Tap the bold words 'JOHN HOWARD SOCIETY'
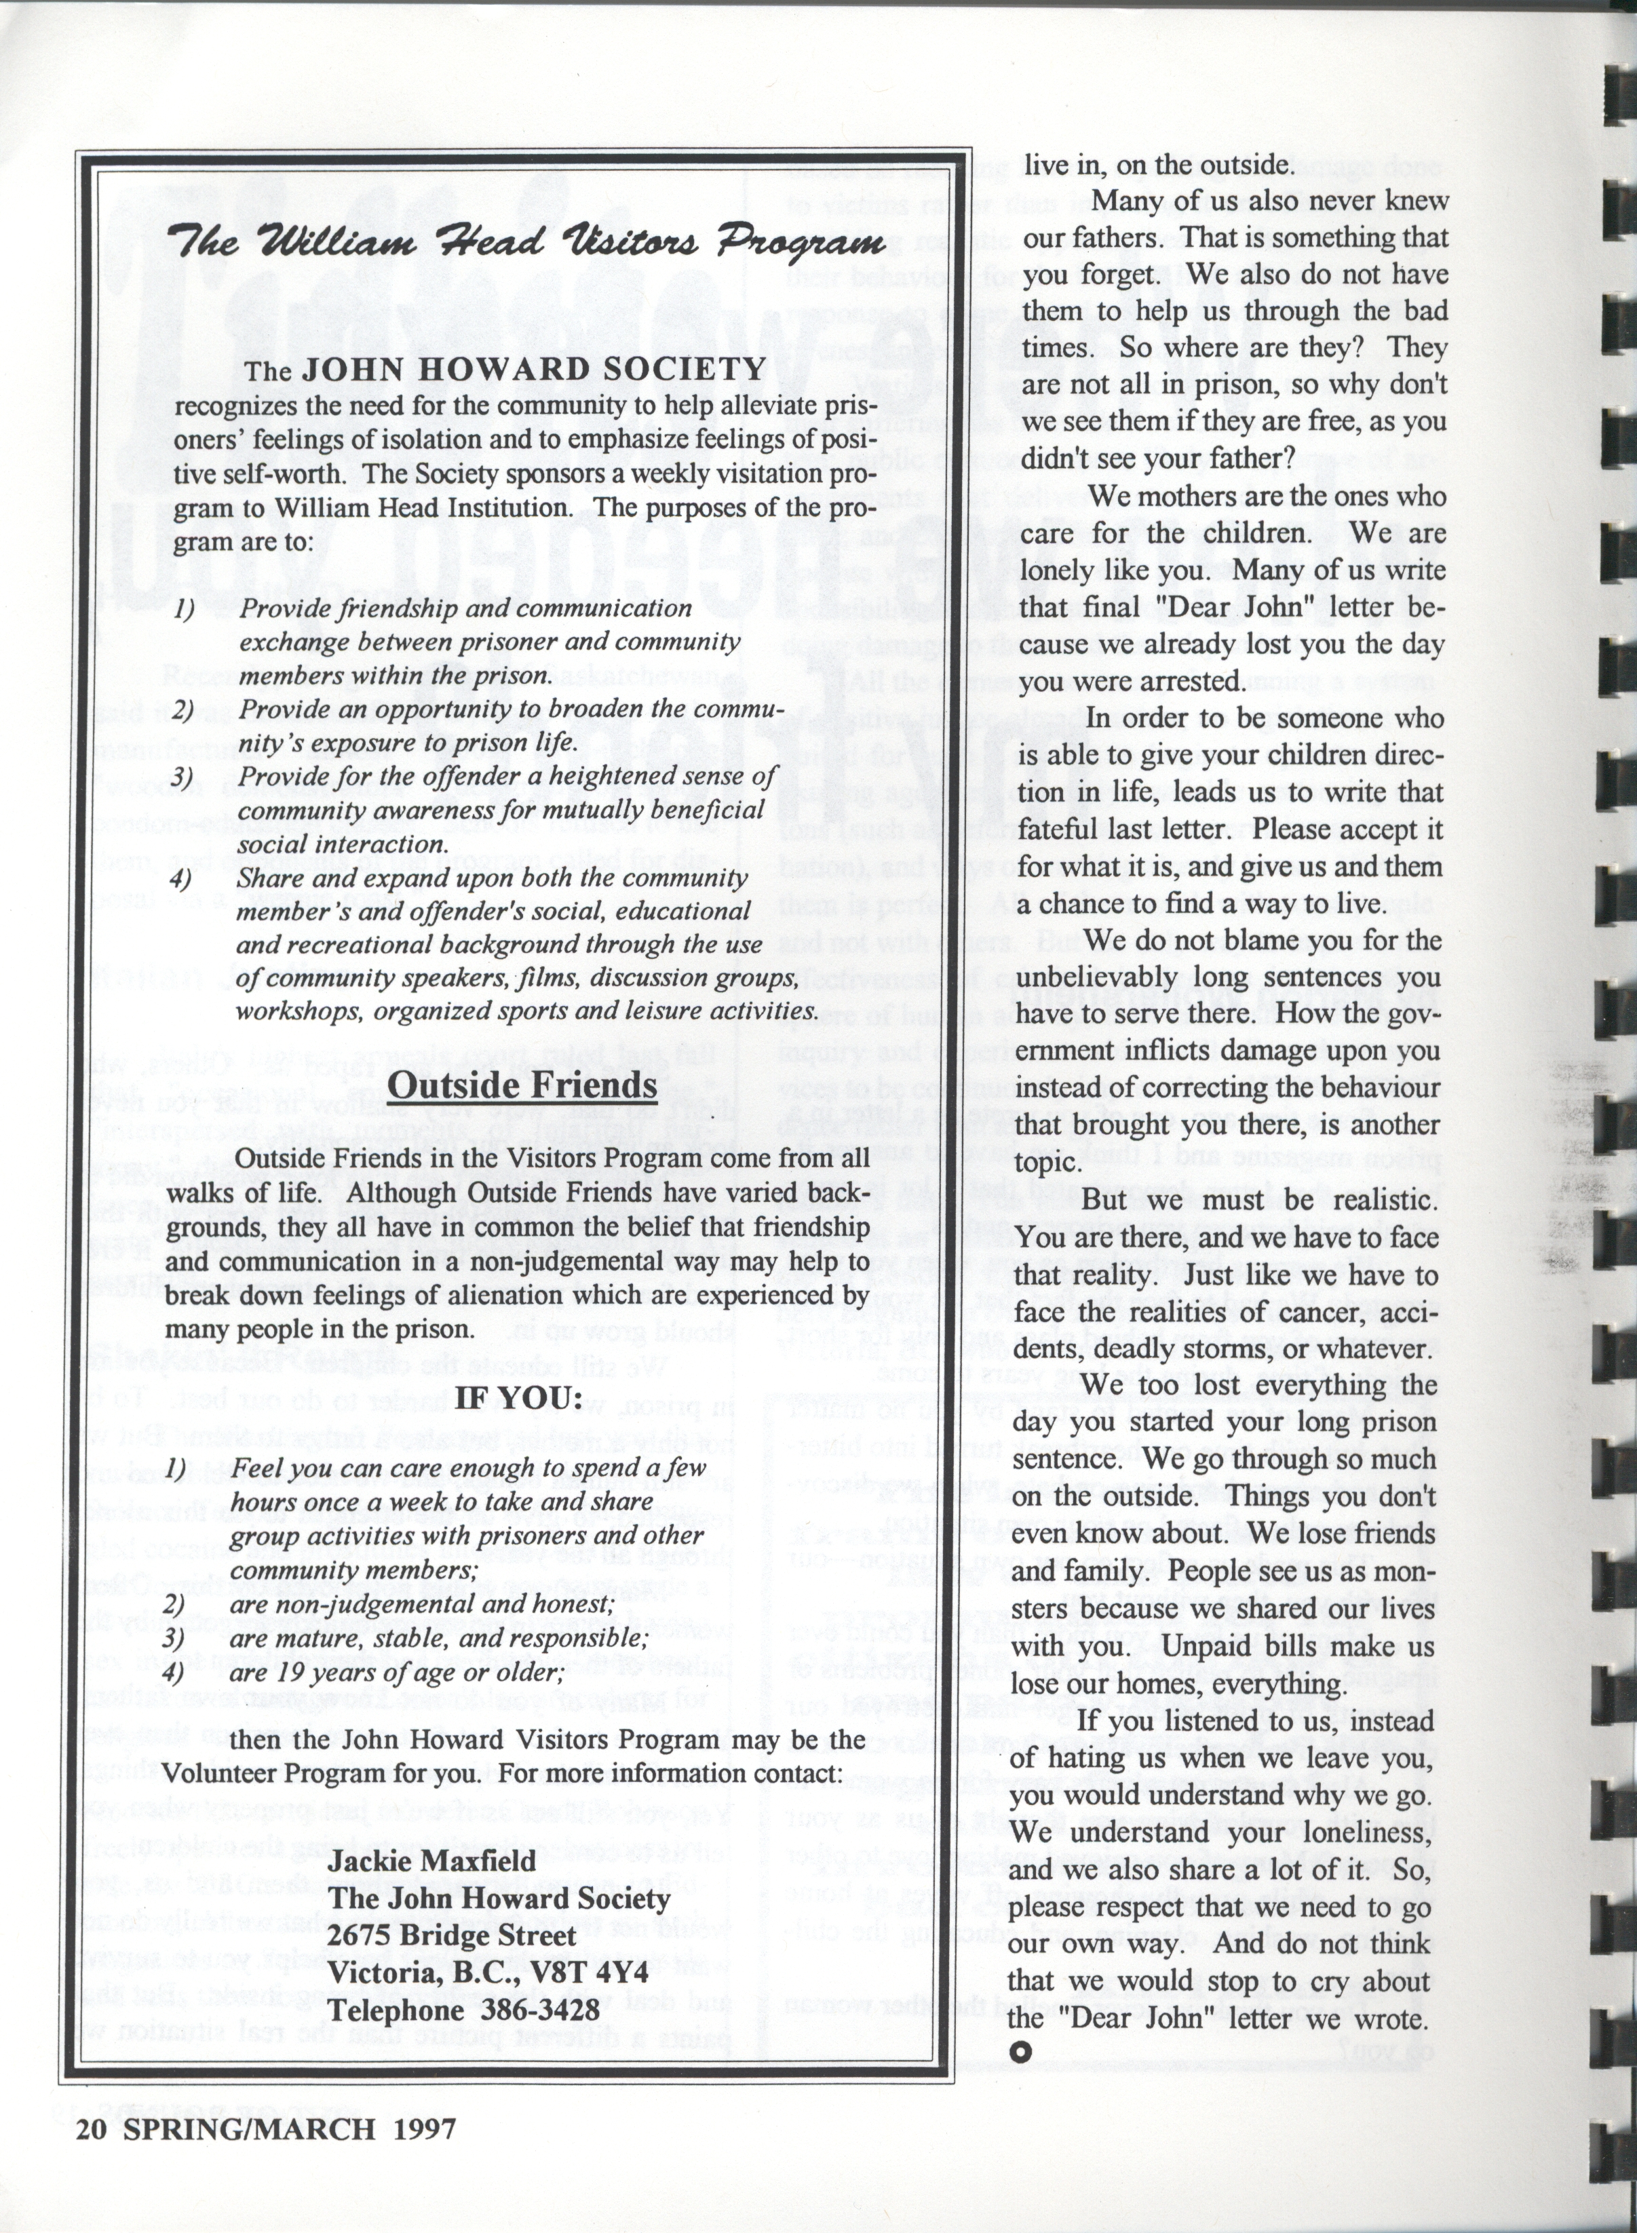533,370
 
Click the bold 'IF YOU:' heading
517,1398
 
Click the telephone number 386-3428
540,2010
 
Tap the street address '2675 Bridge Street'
453,1935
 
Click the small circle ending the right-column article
1020,2052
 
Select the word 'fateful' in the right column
1066,828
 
